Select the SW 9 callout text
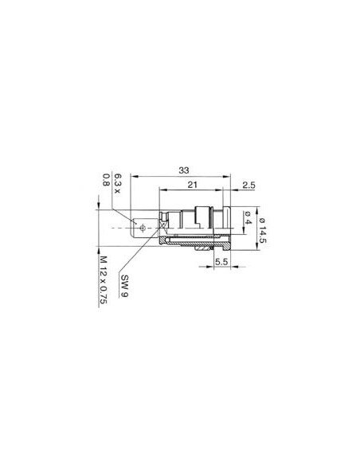(124, 284)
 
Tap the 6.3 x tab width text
(117, 184)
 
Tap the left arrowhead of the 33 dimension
(133, 178)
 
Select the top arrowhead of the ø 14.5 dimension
(257, 206)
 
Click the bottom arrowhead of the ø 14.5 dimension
(257, 249)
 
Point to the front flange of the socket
(227, 227)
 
